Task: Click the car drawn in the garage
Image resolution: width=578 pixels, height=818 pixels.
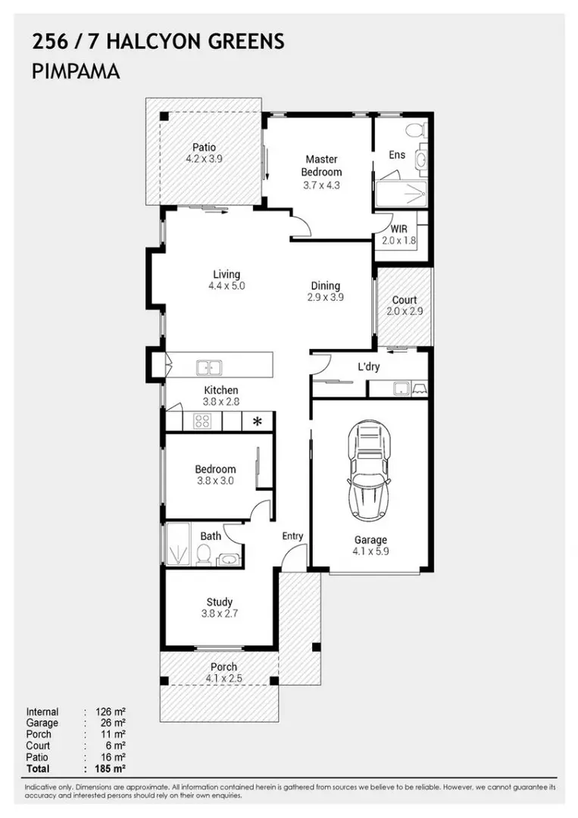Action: (369, 470)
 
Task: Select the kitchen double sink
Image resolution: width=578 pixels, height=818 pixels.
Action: (208, 367)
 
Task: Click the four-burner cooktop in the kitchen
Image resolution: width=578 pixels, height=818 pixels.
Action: (202, 421)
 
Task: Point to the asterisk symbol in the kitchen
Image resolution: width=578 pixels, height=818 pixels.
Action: (257, 421)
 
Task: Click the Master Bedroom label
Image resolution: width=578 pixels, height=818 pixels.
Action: (321, 165)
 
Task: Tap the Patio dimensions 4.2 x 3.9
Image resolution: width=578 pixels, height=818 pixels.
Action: (204, 158)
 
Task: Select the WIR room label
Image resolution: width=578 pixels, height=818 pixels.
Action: (399, 229)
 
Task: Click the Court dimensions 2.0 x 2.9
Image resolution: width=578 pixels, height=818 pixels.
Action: (405, 311)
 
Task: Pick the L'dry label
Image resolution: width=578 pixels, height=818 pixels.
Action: (368, 367)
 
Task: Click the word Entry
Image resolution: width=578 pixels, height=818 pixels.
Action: (292, 536)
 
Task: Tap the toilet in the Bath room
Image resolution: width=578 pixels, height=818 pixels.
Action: (204, 555)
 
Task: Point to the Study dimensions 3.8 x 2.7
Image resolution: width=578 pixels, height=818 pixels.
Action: (220, 613)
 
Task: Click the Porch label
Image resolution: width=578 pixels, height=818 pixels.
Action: (223, 667)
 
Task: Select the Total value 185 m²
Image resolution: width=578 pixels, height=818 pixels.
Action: (110, 769)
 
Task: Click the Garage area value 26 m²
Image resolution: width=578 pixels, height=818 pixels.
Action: (113, 723)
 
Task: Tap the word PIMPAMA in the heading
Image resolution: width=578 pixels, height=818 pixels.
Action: (77, 71)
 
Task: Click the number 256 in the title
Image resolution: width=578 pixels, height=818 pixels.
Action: (50, 41)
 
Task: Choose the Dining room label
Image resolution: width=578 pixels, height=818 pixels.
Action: (326, 286)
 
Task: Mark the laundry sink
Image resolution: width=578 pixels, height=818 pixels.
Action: (401, 389)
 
